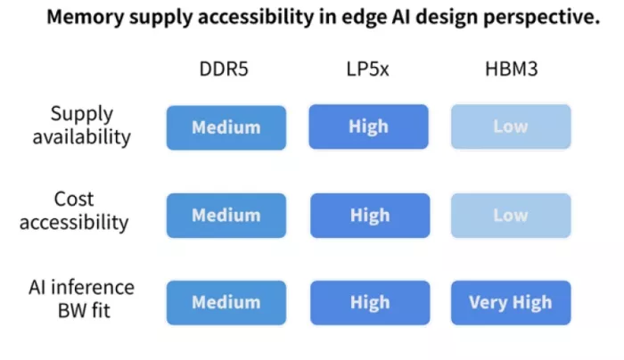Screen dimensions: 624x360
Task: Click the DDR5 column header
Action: click(224, 69)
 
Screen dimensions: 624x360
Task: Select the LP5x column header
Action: click(367, 69)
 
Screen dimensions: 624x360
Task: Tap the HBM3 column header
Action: click(512, 69)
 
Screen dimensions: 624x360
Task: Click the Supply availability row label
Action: click(82, 126)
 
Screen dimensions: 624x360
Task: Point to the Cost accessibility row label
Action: click(74, 210)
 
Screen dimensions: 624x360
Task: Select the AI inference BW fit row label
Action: click(82, 299)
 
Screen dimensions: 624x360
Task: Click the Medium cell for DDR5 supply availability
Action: click(226, 127)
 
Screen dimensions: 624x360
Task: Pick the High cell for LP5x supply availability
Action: click(368, 127)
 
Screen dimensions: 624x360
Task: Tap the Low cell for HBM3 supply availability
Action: click(511, 127)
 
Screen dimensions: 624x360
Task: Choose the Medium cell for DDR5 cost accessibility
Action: click(226, 216)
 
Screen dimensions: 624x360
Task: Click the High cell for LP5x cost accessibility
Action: click(370, 216)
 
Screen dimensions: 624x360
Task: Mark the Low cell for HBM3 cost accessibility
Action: click(511, 216)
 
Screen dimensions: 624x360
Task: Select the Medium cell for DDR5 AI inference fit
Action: click(226, 303)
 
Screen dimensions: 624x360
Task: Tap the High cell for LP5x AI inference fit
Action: click(370, 303)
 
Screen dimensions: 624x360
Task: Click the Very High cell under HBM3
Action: click(511, 303)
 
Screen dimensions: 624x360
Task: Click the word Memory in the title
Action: click(86, 18)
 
